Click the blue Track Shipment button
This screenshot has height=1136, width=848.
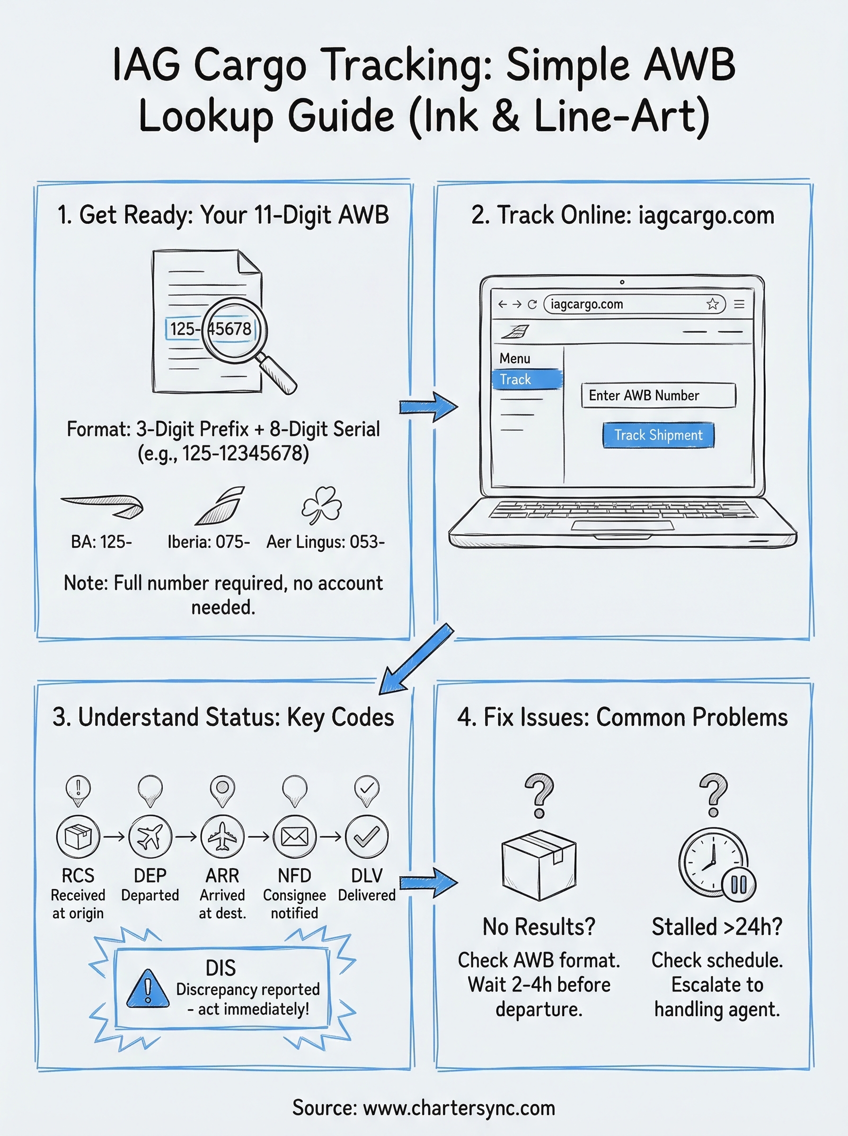658,435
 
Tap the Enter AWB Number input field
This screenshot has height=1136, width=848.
658,395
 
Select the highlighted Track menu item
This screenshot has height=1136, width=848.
527,379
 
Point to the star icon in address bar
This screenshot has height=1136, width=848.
713,304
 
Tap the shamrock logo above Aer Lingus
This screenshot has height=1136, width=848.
322,505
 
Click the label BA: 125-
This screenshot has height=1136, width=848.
102,541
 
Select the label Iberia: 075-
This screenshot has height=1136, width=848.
208,541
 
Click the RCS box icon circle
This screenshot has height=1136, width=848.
78,836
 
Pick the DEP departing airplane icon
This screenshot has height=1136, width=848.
150,836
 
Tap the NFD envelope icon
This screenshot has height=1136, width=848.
295,836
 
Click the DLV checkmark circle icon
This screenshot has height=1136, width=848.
367,836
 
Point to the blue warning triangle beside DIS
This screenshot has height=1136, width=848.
148,989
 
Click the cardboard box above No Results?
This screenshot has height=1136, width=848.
539,865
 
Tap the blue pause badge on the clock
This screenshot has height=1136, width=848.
739,884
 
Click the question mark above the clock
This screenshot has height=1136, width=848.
714,794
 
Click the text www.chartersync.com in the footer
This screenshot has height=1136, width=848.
459,1108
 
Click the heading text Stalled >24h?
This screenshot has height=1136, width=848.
716,927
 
